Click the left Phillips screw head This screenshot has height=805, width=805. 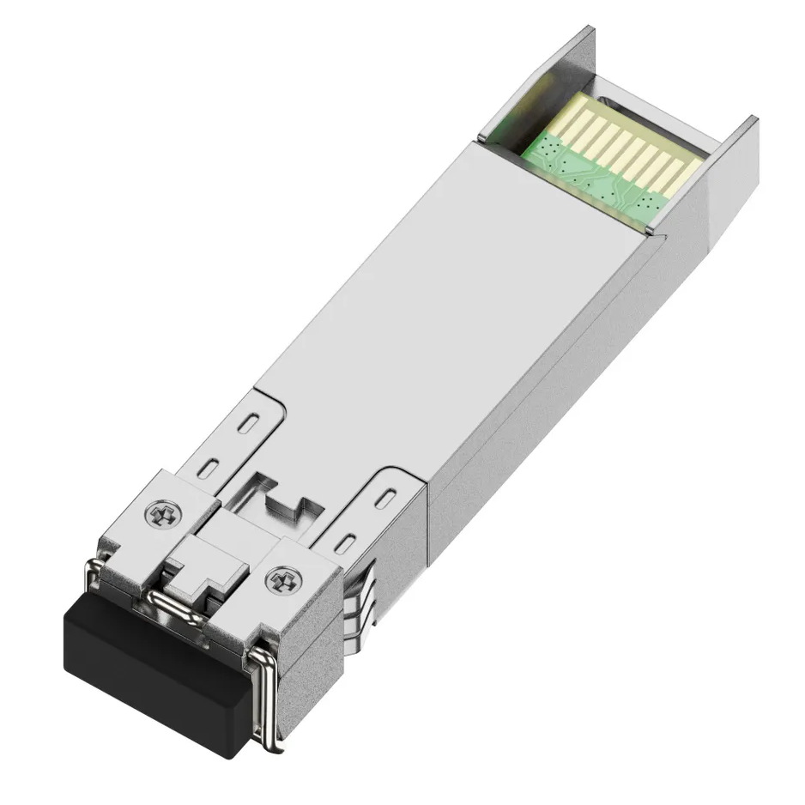pos(163,516)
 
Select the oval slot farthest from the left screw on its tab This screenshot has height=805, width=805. pos(248,423)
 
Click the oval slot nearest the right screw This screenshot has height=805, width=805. pos(345,542)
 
